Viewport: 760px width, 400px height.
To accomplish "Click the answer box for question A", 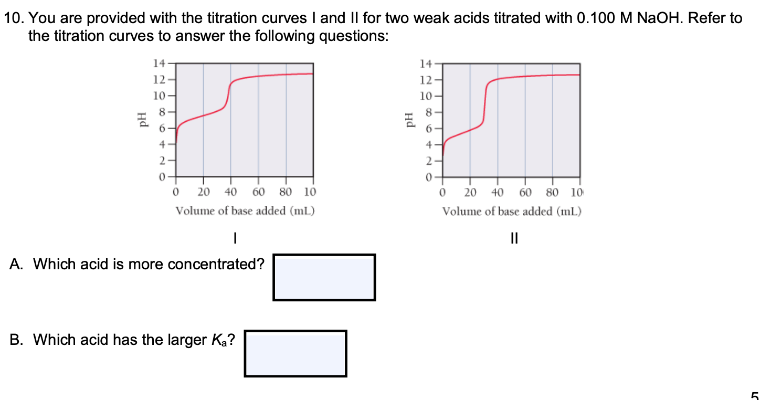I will click(324, 277).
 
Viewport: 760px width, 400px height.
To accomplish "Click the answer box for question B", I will click(295, 353).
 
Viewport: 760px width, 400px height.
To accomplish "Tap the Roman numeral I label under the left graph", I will click(236, 239).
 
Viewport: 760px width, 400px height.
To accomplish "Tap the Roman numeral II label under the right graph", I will click(514, 239).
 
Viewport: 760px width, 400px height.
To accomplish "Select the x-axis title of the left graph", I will click(245, 211).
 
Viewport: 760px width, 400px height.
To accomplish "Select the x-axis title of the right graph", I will click(512, 211).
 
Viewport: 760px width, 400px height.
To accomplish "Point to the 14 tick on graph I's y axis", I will click(159, 64).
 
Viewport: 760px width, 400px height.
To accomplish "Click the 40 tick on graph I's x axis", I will click(231, 192).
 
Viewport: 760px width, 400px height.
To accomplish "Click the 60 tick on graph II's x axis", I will click(525, 192).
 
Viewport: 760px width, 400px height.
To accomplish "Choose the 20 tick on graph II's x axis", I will click(470, 192).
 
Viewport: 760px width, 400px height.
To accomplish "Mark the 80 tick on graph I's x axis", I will click(286, 192).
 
